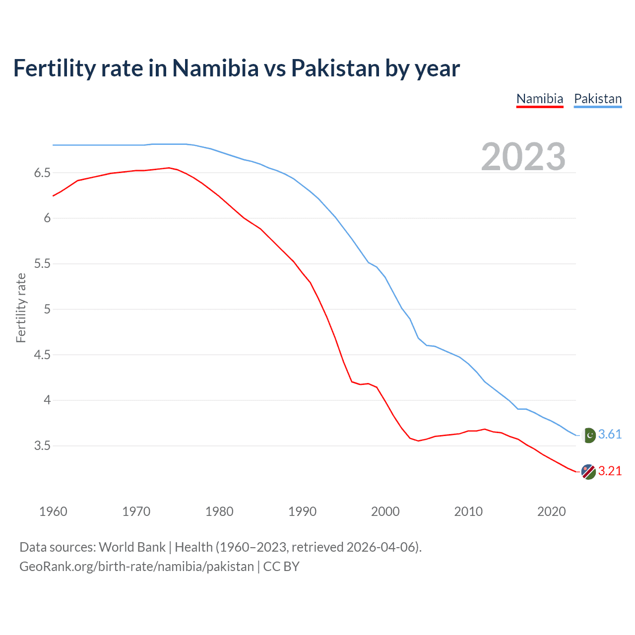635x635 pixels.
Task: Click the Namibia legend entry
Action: click(x=539, y=99)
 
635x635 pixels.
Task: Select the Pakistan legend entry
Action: click(x=597, y=99)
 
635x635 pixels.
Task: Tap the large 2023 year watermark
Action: click(x=523, y=157)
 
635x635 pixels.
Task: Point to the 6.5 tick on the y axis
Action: click(x=42, y=173)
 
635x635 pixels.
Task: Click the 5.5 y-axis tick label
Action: click(x=42, y=264)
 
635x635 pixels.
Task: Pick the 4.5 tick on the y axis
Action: click(x=42, y=355)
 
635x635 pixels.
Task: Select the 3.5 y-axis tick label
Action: click(x=42, y=446)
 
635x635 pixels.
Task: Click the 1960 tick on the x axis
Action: click(x=53, y=511)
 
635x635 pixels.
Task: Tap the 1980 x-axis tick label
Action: click(x=219, y=511)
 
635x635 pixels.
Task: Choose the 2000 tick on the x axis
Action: click(x=385, y=511)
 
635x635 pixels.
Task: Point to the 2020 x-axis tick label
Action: click(x=551, y=511)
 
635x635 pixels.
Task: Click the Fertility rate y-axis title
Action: click(x=21, y=308)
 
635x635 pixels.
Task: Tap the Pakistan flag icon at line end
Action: click(x=588, y=435)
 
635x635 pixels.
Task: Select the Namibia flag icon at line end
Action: click(x=588, y=472)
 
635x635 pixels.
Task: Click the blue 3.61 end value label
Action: click(x=610, y=435)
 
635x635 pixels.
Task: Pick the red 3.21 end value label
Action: click(x=610, y=471)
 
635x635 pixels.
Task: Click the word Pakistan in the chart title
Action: click(x=335, y=68)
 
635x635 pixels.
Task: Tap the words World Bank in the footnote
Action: click(x=132, y=547)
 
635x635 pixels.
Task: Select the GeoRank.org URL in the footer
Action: click(x=136, y=567)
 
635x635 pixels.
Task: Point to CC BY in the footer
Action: click(x=281, y=567)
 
